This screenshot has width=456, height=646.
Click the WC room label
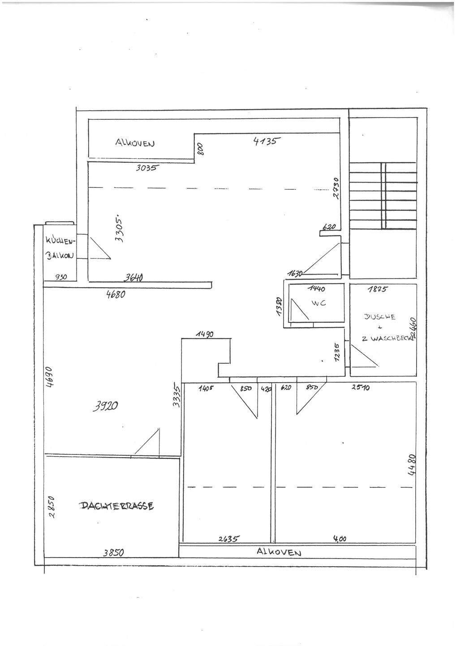click(x=318, y=303)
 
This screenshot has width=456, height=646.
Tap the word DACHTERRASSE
click(x=117, y=506)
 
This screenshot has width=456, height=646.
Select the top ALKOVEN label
click(x=135, y=143)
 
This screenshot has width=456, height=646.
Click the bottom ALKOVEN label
click(x=279, y=552)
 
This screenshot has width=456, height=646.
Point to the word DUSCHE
click(x=380, y=317)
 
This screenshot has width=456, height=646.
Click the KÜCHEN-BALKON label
click(x=59, y=248)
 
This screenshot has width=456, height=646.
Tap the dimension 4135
click(x=266, y=141)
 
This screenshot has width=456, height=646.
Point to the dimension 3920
click(x=106, y=406)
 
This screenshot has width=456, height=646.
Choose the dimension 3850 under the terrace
click(x=113, y=553)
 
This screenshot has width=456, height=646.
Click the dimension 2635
click(x=229, y=539)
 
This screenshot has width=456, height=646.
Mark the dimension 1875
click(x=377, y=289)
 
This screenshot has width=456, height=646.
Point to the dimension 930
click(x=60, y=277)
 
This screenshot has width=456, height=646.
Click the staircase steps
click(x=383, y=195)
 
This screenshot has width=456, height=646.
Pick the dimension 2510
click(x=360, y=387)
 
